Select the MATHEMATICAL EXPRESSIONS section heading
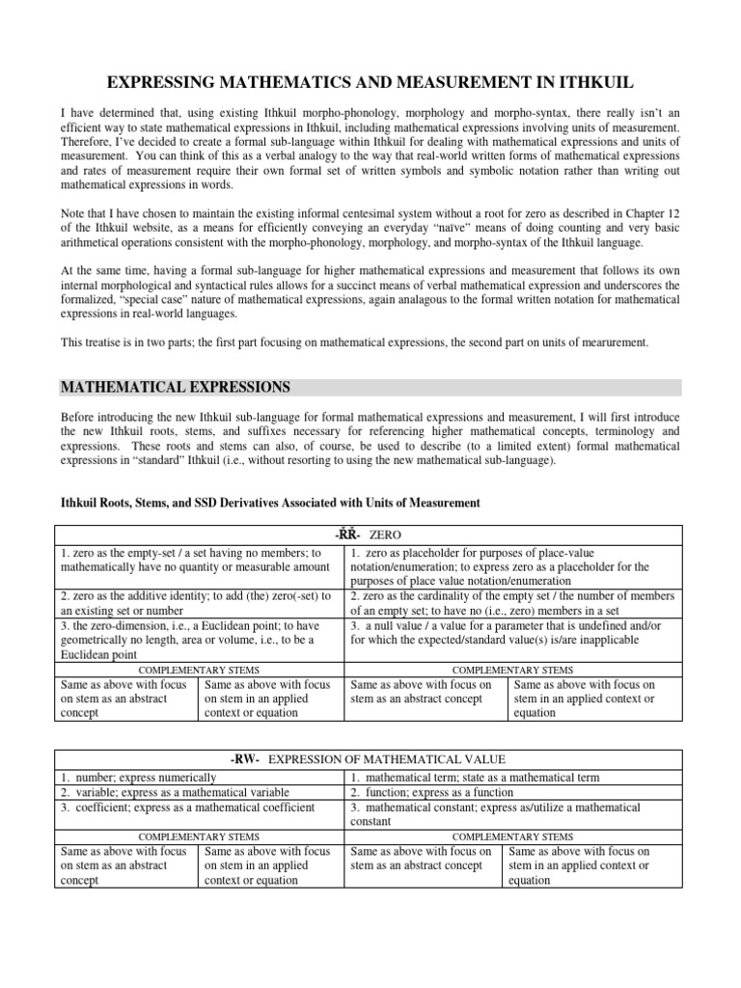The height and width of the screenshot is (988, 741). tap(175, 387)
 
